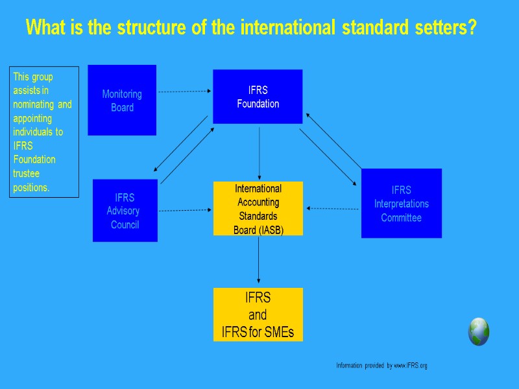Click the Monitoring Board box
pos(122,100)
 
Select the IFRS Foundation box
pos(258,97)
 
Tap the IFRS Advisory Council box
pos(125,210)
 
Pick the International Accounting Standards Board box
pos(258,208)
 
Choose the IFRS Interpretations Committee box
pos(401,203)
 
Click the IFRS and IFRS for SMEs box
pos(258,314)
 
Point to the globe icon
pos(479,331)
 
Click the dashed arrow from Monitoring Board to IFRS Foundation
pos(184,91)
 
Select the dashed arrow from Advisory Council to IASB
pos(186,210)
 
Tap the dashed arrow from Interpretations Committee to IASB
pos(333,209)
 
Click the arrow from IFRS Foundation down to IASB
pos(259,153)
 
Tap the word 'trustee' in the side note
pos(26,174)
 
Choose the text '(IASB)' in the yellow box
pos(271,230)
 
